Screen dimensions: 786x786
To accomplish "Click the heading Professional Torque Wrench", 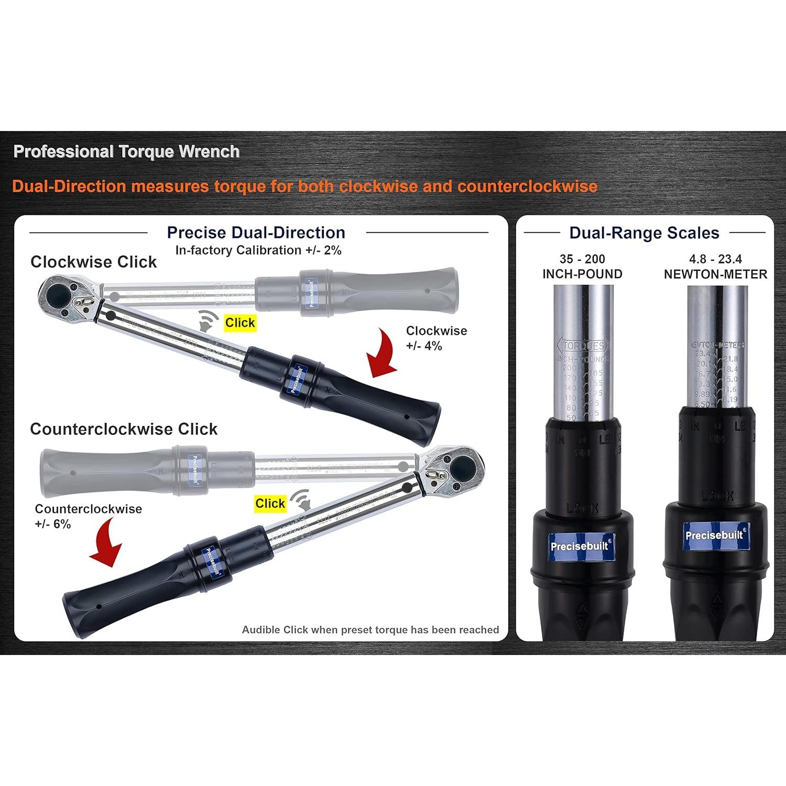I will click(x=126, y=152).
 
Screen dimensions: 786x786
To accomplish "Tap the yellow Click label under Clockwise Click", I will click(x=240, y=323).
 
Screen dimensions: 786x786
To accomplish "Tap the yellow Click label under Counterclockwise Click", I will click(x=270, y=504).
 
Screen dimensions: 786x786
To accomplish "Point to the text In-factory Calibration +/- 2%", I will click(x=258, y=250).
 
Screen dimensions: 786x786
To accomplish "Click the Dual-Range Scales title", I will click(x=644, y=233).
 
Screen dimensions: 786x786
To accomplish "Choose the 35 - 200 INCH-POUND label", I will click(x=582, y=266).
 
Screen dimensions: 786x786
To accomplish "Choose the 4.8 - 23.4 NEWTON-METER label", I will click(x=715, y=266).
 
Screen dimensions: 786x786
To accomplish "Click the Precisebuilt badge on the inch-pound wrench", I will click(x=580, y=545).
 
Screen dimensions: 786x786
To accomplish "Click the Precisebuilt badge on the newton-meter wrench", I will click(x=715, y=535).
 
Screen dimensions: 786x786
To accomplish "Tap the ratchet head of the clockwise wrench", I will click(x=62, y=297).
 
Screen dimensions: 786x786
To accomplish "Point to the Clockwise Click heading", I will click(x=93, y=262).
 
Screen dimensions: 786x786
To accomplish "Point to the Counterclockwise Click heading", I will click(x=124, y=429).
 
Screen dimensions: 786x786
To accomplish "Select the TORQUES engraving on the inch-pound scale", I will click(x=583, y=346).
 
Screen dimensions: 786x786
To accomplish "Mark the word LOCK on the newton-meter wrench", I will click(x=717, y=495).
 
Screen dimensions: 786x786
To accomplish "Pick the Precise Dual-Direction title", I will click(x=256, y=233).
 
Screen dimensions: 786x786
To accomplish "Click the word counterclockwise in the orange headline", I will click(x=527, y=187).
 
